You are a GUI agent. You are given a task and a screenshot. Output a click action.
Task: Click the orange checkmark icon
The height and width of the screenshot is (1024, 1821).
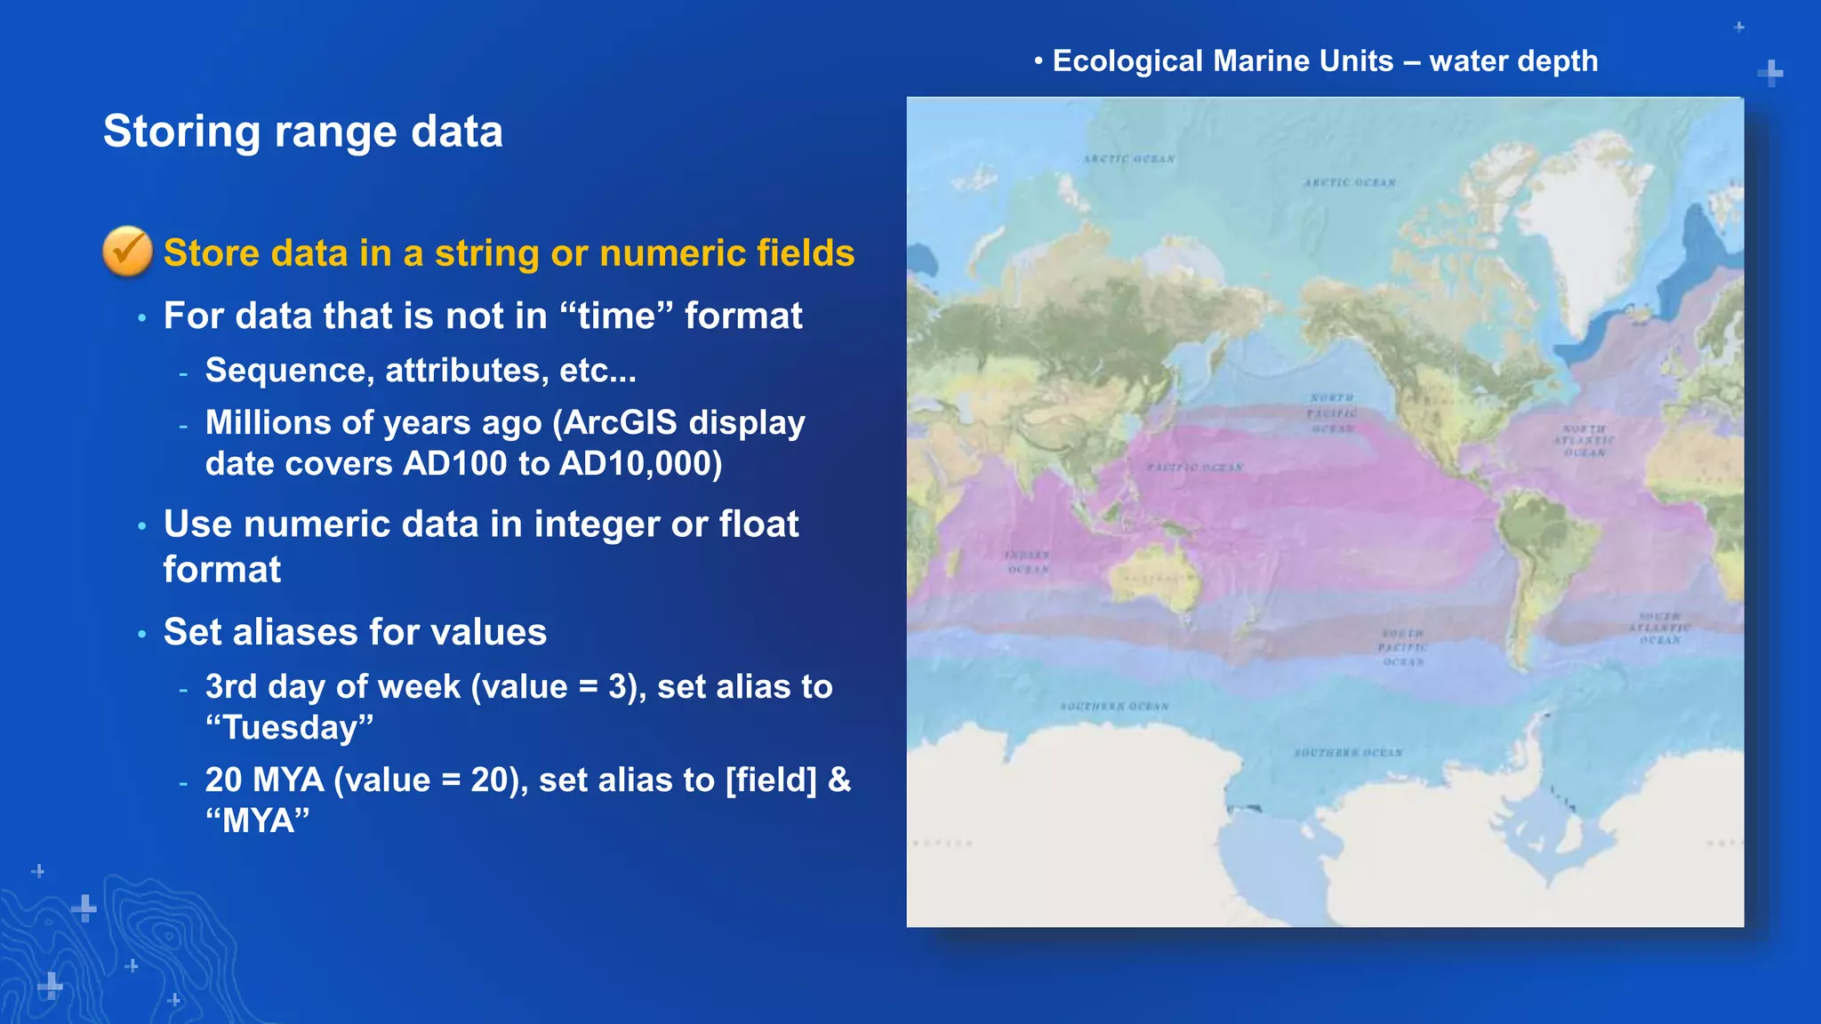click(127, 252)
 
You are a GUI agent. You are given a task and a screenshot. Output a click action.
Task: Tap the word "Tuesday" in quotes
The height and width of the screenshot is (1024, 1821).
click(289, 728)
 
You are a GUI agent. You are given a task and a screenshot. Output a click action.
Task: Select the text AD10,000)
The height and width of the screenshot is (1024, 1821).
click(641, 464)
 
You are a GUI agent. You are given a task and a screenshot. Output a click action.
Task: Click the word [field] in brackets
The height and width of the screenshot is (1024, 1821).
click(771, 780)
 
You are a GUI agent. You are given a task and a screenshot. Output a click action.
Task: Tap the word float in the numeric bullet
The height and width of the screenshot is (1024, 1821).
click(758, 524)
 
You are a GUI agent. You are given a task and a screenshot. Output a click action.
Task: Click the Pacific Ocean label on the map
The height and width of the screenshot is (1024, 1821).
click(1194, 468)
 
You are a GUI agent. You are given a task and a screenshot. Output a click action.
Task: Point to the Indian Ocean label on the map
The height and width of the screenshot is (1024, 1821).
click(1027, 562)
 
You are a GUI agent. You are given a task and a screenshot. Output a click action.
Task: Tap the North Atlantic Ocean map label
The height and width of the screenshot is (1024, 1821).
click(1584, 441)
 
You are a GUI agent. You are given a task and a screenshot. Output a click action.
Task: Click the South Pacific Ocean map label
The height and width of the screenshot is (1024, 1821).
click(1402, 647)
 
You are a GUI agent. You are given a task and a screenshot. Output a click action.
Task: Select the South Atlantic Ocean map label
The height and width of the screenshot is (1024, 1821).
click(1659, 628)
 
